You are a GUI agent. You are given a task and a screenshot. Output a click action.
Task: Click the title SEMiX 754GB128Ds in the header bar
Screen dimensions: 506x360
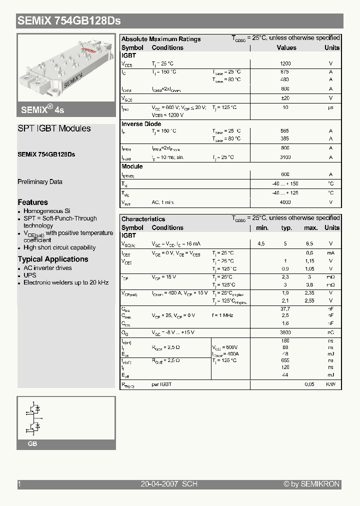point(69,21)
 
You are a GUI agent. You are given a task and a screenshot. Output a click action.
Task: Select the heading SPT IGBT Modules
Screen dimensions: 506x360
point(54,128)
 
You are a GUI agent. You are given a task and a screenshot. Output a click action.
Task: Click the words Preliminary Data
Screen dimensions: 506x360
point(40,182)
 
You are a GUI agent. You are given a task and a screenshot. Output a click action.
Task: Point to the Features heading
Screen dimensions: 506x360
point(33,202)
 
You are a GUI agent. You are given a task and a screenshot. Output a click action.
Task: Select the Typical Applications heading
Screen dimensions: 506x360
point(53,259)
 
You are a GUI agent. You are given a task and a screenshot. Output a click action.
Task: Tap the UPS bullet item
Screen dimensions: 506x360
point(30,275)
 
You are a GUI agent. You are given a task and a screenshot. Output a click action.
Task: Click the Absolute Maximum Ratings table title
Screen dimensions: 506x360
point(161,39)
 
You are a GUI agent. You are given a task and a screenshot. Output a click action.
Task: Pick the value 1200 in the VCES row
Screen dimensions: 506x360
point(285,64)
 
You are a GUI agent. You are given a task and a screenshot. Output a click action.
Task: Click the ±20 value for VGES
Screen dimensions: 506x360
point(285,98)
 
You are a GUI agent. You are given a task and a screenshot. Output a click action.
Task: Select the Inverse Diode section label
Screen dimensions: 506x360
point(141,124)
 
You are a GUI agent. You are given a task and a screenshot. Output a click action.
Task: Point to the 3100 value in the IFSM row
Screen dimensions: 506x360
point(285,157)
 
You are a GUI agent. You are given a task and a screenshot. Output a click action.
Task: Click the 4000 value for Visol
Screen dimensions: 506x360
point(285,202)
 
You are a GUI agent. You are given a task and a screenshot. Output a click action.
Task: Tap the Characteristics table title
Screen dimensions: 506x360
point(143,219)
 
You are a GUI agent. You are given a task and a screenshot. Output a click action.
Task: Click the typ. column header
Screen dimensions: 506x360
point(286,228)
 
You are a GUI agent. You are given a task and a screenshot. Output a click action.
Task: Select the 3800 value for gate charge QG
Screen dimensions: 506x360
point(285,332)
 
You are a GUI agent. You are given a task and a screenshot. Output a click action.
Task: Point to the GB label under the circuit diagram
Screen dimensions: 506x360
point(32,444)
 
